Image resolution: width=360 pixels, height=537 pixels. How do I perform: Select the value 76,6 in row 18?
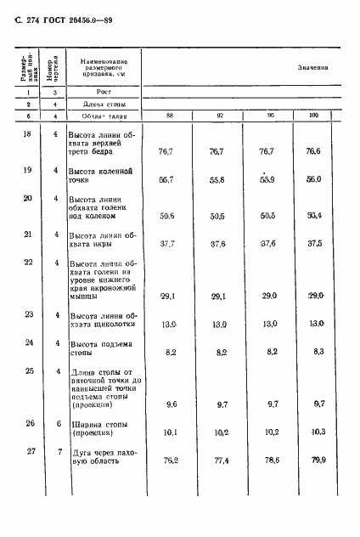pyautogui.click(x=314, y=150)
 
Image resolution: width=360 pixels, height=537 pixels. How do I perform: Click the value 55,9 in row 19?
pyautogui.click(x=266, y=180)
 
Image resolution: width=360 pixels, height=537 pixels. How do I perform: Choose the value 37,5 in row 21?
pyautogui.click(x=314, y=242)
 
